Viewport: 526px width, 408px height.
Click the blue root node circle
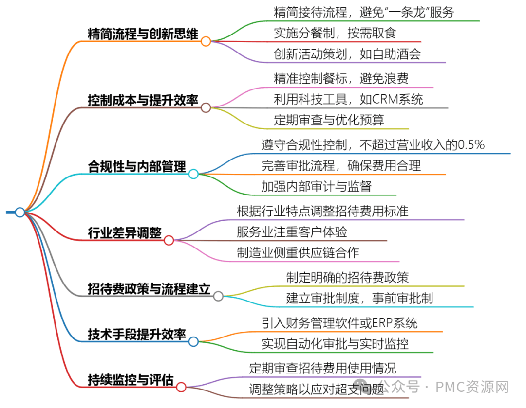pyautogui.click(x=20, y=212)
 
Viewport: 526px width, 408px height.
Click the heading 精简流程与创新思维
pyautogui.click(x=143, y=34)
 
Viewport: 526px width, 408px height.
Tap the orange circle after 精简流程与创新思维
pyautogui.click(x=206, y=41)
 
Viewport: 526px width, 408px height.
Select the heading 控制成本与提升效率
pyautogui.click(x=143, y=100)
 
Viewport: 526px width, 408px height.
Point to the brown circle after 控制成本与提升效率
pyautogui.click(x=206, y=107)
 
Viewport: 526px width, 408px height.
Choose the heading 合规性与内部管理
pyautogui.click(x=137, y=166)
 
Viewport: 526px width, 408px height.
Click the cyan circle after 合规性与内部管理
pyautogui.click(x=193, y=174)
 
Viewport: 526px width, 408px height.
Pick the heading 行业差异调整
pyautogui.click(x=125, y=232)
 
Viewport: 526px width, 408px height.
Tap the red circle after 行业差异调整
pyautogui.click(x=169, y=240)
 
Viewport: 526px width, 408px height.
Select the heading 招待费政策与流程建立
pyautogui.click(x=149, y=288)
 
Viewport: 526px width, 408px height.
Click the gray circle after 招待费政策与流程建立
pyautogui.click(x=218, y=296)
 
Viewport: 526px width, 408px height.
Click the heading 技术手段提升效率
pyautogui.click(x=137, y=334)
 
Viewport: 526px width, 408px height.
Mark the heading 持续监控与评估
pyautogui.click(x=131, y=379)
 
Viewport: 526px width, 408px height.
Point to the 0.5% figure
pyautogui.click(x=471, y=145)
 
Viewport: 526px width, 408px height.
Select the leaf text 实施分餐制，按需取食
pyautogui.click(x=335, y=33)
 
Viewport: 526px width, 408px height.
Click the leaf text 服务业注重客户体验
pyautogui.click(x=292, y=232)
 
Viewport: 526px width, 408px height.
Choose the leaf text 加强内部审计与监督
pyautogui.click(x=317, y=186)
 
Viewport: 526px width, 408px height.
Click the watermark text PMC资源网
pyautogui.click(x=472, y=387)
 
